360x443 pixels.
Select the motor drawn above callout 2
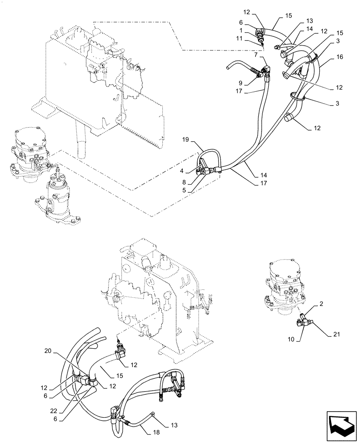click(x=285, y=284)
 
